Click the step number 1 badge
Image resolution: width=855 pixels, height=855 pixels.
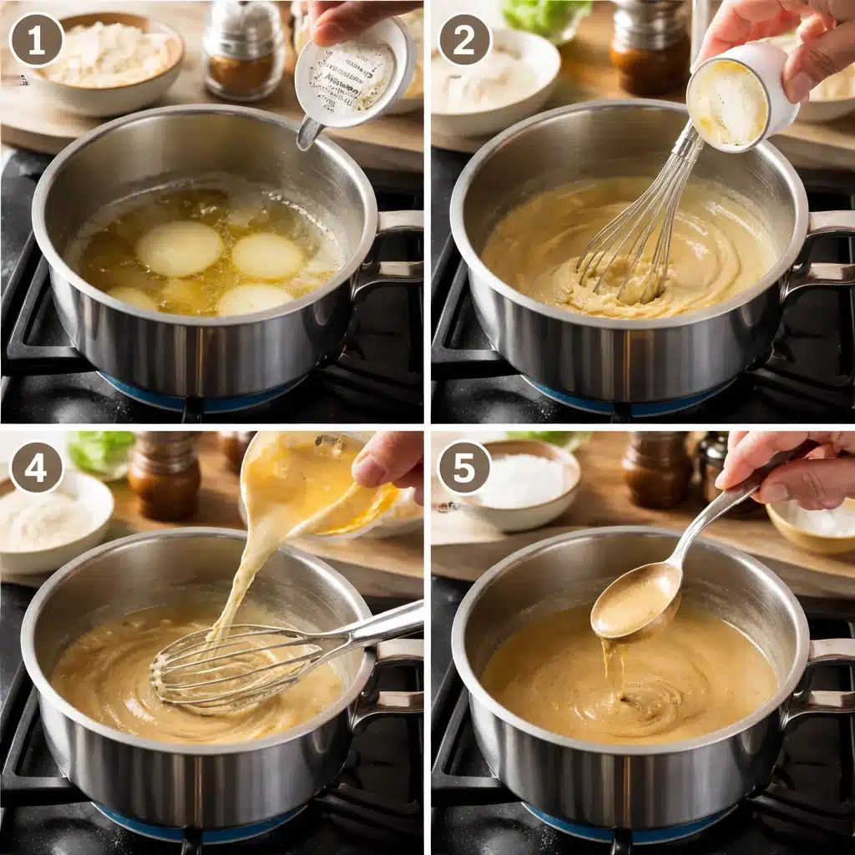pyautogui.click(x=36, y=39)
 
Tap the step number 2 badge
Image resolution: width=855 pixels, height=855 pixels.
pyautogui.click(x=465, y=39)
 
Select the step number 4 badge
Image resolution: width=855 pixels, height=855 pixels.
pyautogui.click(x=36, y=468)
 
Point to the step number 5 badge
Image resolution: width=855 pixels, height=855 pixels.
pyautogui.click(x=465, y=468)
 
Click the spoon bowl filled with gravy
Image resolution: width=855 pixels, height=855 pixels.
pyautogui.click(x=635, y=601)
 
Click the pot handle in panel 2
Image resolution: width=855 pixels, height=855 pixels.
pyautogui.click(x=822, y=250)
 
